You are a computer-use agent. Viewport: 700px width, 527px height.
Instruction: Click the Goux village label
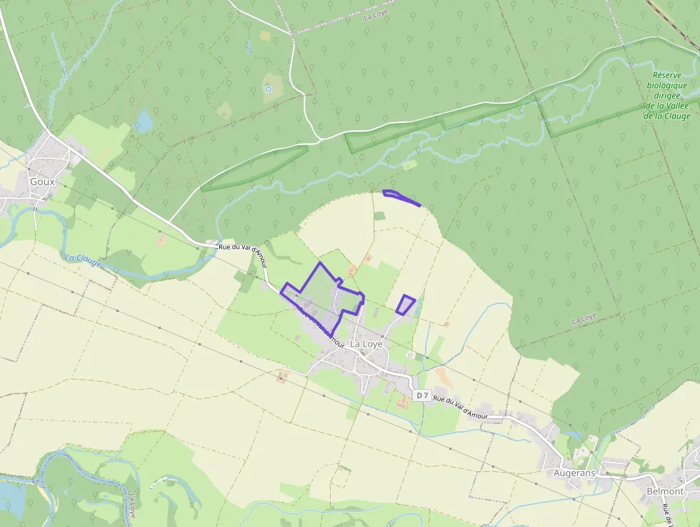(x=42, y=182)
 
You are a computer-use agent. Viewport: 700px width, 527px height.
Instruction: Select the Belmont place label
(x=664, y=491)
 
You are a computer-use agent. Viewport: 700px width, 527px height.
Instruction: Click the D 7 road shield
(x=422, y=395)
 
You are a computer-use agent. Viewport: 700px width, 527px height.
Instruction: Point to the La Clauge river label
(x=83, y=262)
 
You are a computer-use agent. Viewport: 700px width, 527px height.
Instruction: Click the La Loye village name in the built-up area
(x=366, y=344)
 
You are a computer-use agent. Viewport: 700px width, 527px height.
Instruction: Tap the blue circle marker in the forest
(x=269, y=89)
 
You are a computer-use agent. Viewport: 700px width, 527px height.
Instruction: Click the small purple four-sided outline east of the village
(x=405, y=305)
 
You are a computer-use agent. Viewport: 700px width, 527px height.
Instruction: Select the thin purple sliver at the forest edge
(x=401, y=198)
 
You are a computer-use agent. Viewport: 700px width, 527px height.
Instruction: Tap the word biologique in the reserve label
(x=667, y=85)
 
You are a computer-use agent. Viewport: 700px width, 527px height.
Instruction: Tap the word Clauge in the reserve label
(x=676, y=116)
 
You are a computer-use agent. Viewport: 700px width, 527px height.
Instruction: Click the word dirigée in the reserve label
(x=668, y=95)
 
